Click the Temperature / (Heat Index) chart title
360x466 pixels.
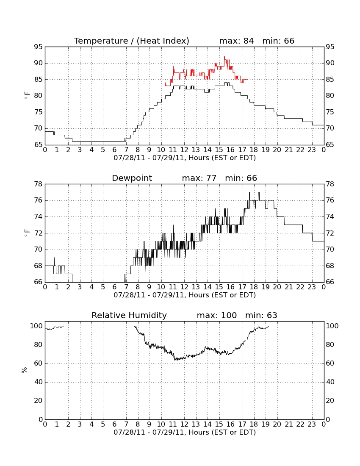point(132,41)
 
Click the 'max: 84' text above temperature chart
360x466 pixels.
point(236,41)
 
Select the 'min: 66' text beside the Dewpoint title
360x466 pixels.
point(241,178)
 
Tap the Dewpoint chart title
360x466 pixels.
point(132,178)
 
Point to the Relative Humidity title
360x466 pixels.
point(129,316)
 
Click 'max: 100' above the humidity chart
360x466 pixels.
point(217,316)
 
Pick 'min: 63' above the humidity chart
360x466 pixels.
point(261,316)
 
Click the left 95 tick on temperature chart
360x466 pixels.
point(38,47)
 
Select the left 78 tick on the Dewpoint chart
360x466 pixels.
point(38,184)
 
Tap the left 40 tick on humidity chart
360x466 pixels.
point(39,382)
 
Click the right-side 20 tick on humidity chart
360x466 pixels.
point(330,401)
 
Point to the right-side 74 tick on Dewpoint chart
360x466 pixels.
point(330,217)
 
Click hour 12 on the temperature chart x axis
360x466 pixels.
point(184,150)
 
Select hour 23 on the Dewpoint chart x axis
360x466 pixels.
point(312,287)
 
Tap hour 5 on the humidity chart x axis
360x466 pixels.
point(103,424)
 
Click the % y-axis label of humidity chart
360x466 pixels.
point(25,370)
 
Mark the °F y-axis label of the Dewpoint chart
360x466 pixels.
point(27,233)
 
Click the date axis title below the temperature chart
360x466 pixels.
point(185,158)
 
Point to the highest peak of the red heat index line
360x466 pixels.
point(224,57)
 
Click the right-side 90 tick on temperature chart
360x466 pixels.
point(330,63)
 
